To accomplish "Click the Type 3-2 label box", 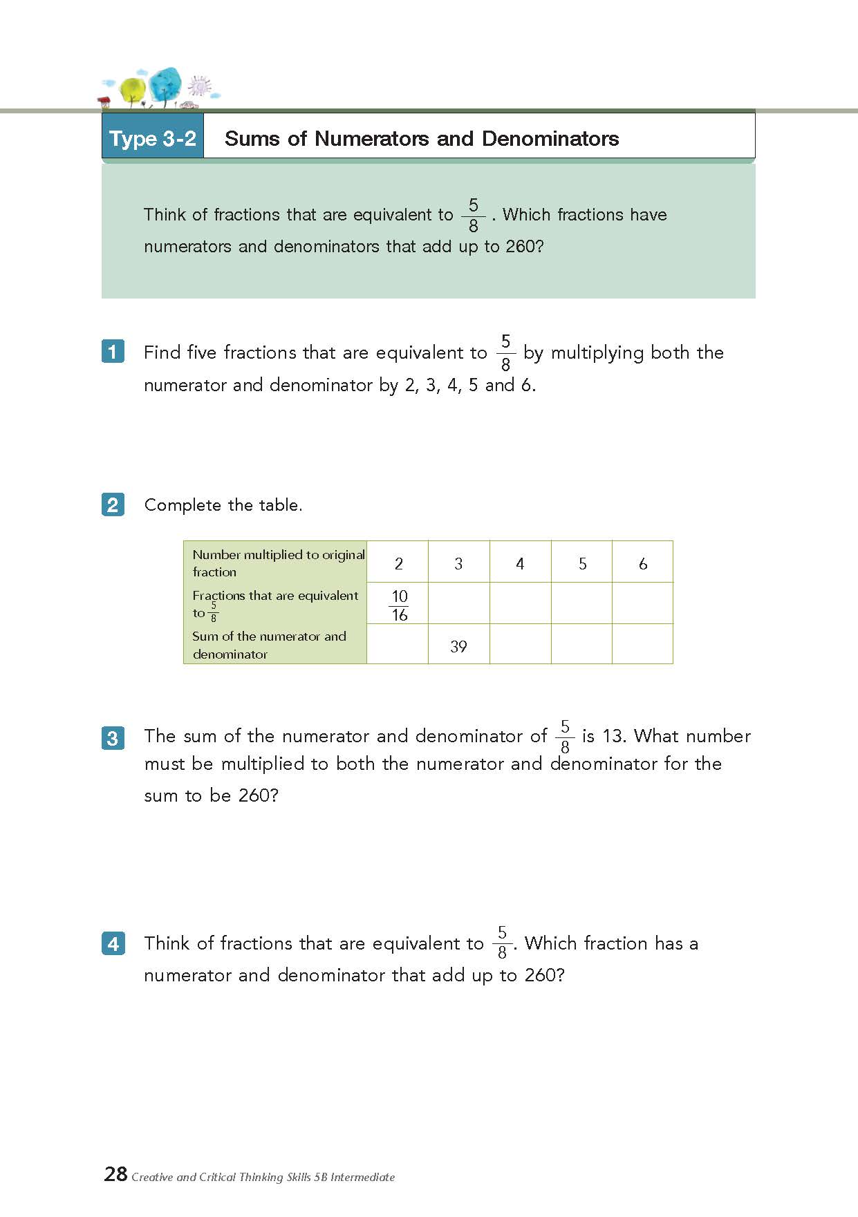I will (153, 138).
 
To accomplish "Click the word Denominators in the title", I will (550, 138).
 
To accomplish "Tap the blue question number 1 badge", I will (113, 352).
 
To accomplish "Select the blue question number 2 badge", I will (113, 504).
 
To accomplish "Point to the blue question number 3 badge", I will (113, 738).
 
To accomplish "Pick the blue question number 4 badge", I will (113, 943).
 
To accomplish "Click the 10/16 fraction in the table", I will (400, 605).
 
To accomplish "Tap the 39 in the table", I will (458, 646).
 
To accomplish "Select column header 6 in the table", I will (643, 564).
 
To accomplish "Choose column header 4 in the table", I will (520, 564).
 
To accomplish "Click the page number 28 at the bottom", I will (115, 1174).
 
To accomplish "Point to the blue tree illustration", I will (165, 85).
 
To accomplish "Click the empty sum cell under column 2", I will (398, 644).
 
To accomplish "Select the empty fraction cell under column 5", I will (581, 603).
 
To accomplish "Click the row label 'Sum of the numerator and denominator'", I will (269, 645).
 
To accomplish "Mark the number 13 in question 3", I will (612, 735).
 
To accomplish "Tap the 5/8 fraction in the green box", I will (474, 216).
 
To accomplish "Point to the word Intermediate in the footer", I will (362, 1177).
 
